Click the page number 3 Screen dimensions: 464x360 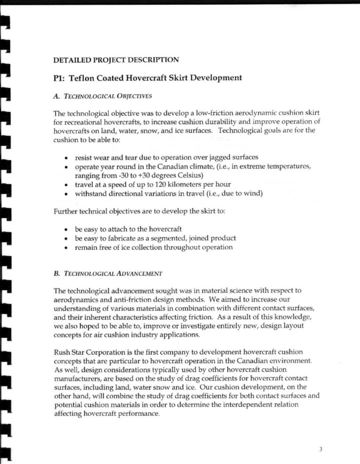pyautogui.click(x=321, y=449)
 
